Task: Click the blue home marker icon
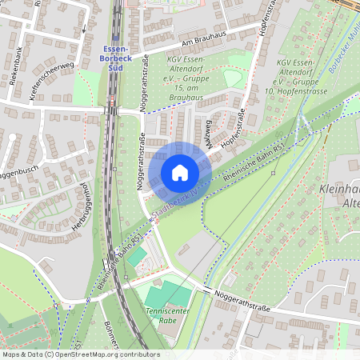tap(180, 172)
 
